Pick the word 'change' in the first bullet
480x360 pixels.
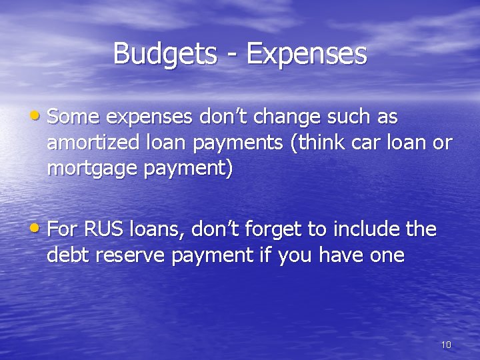pos(281,117)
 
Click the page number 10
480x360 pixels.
pos(446,345)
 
